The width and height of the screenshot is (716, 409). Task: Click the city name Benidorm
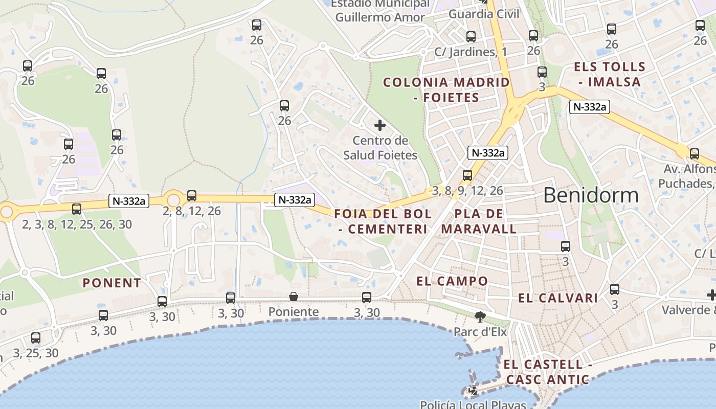[x=591, y=195]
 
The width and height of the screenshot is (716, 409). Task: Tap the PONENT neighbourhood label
[x=111, y=283]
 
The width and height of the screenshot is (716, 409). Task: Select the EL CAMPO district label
[x=452, y=281]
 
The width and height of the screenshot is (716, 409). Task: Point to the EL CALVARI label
[x=558, y=298]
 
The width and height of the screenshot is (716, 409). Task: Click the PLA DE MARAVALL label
[x=479, y=221]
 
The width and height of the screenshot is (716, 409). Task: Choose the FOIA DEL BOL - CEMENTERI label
[x=383, y=221]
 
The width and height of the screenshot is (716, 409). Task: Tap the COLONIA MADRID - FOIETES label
[x=446, y=89]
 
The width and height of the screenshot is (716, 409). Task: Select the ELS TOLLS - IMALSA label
[x=609, y=74]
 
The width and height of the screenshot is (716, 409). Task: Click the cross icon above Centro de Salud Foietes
[x=380, y=125]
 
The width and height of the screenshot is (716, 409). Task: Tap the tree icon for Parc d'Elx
[x=480, y=317]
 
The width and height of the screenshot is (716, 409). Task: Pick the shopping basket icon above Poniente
[x=294, y=297]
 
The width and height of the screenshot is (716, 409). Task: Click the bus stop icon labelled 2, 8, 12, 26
[x=192, y=195]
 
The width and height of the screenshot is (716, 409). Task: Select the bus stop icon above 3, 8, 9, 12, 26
[x=467, y=175]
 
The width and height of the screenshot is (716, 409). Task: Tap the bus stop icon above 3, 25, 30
[x=35, y=337]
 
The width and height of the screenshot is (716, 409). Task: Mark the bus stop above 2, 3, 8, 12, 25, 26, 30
[x=77, y=209]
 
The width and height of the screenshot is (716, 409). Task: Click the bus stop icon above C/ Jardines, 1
[x=471, y=37]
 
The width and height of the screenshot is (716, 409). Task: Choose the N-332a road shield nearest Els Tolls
[x=590, y=107]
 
